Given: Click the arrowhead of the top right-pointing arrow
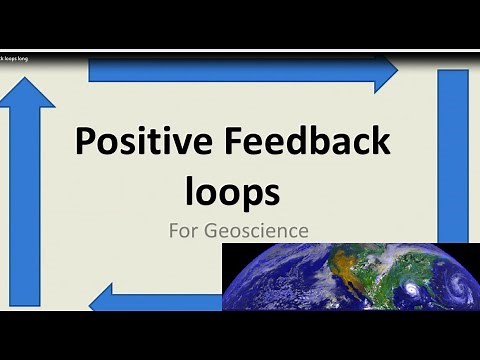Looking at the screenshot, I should [385, 72].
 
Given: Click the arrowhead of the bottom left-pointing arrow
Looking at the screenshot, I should [103, 297].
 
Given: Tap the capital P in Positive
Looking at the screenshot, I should [86, 144].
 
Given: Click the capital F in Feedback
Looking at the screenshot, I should [232, 144].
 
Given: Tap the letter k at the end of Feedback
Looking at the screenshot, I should [379, 144].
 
